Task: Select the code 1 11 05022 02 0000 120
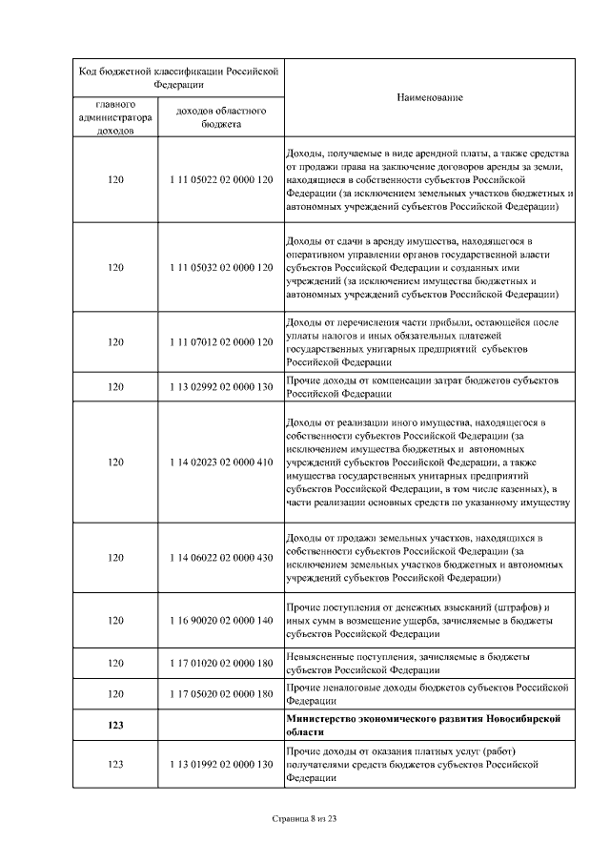click(x=221, y=179)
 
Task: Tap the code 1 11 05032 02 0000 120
click(x=221, y=268)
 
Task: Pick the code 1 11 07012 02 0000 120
click(x=221, y=341)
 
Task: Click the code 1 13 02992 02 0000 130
click(x=221, y=387)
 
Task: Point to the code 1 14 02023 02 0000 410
click(x=221, y=462)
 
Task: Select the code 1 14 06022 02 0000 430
click(x=221, y=557)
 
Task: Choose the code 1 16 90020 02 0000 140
click(x=221, y=620)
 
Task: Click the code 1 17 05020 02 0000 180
click(x=221, y=693)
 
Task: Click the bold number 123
click(x=116, y=725)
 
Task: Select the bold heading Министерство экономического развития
click(x=427, y=725)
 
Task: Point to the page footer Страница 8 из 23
click(x=305, y=818)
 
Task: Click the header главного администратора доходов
click(x=116, y=116)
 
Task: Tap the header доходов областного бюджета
click(x=221, y=116)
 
